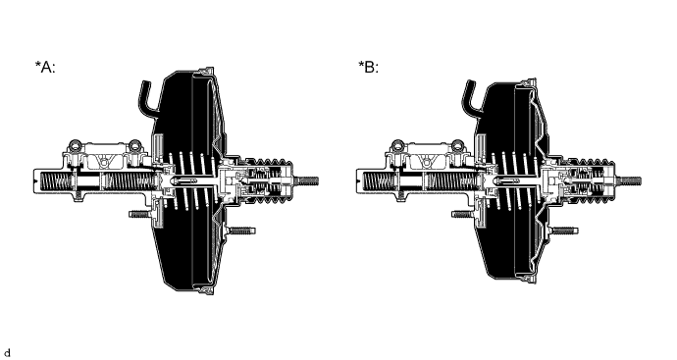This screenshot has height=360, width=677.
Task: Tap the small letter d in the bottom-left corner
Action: point(8,350)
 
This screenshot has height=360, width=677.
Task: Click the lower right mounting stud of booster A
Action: point(243,231)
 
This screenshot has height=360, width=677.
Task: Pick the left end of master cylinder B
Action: point(359,180)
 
